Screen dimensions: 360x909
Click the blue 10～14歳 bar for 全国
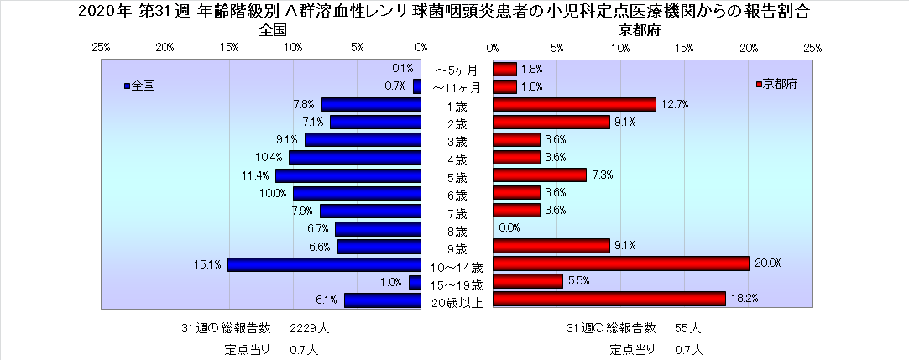(324, 264)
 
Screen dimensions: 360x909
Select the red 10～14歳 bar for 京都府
(620, 263)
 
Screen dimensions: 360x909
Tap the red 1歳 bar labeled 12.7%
(574, 104)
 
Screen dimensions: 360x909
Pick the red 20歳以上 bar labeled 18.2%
(609, 299)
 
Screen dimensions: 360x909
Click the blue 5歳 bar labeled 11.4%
(347, 175)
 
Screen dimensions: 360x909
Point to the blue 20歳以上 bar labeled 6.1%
(382, 300)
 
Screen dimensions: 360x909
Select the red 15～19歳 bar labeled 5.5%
(527, 281)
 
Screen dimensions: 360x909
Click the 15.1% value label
(208, 264)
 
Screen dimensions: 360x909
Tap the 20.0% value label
(768, 263)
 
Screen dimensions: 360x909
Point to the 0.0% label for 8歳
(509, 227)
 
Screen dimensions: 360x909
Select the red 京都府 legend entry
(776, 85)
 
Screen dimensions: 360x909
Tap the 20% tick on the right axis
(749, 47)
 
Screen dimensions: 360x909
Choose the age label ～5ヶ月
(457, 70)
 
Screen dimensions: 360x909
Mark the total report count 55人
(687, 327)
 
